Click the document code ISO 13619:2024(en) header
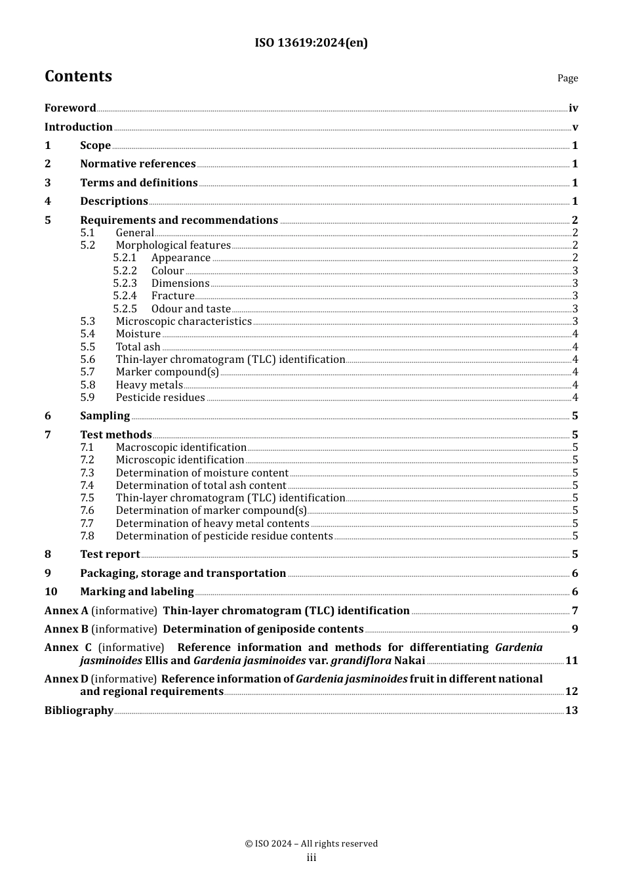click(311, 43)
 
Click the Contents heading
click(78, 76)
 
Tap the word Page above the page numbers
click(567, 78)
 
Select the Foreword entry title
click(70, 108)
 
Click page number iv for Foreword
click(573, 108)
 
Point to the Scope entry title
click(95, 146)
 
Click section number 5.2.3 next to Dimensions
click(125, 283)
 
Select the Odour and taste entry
click(191, 309)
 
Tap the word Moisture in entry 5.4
click(138, 334)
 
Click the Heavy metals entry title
click(149, 385)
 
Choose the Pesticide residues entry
click(160, 398)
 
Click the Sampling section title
click(105, 416)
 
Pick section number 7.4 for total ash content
click(87, 486)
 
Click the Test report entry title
click(110, 555)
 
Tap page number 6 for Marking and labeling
click(575, 592)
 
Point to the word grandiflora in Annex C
click(361, 661)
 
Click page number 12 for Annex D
click(571, 692)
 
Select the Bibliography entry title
click(79, 711)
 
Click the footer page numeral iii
click(311, 858)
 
